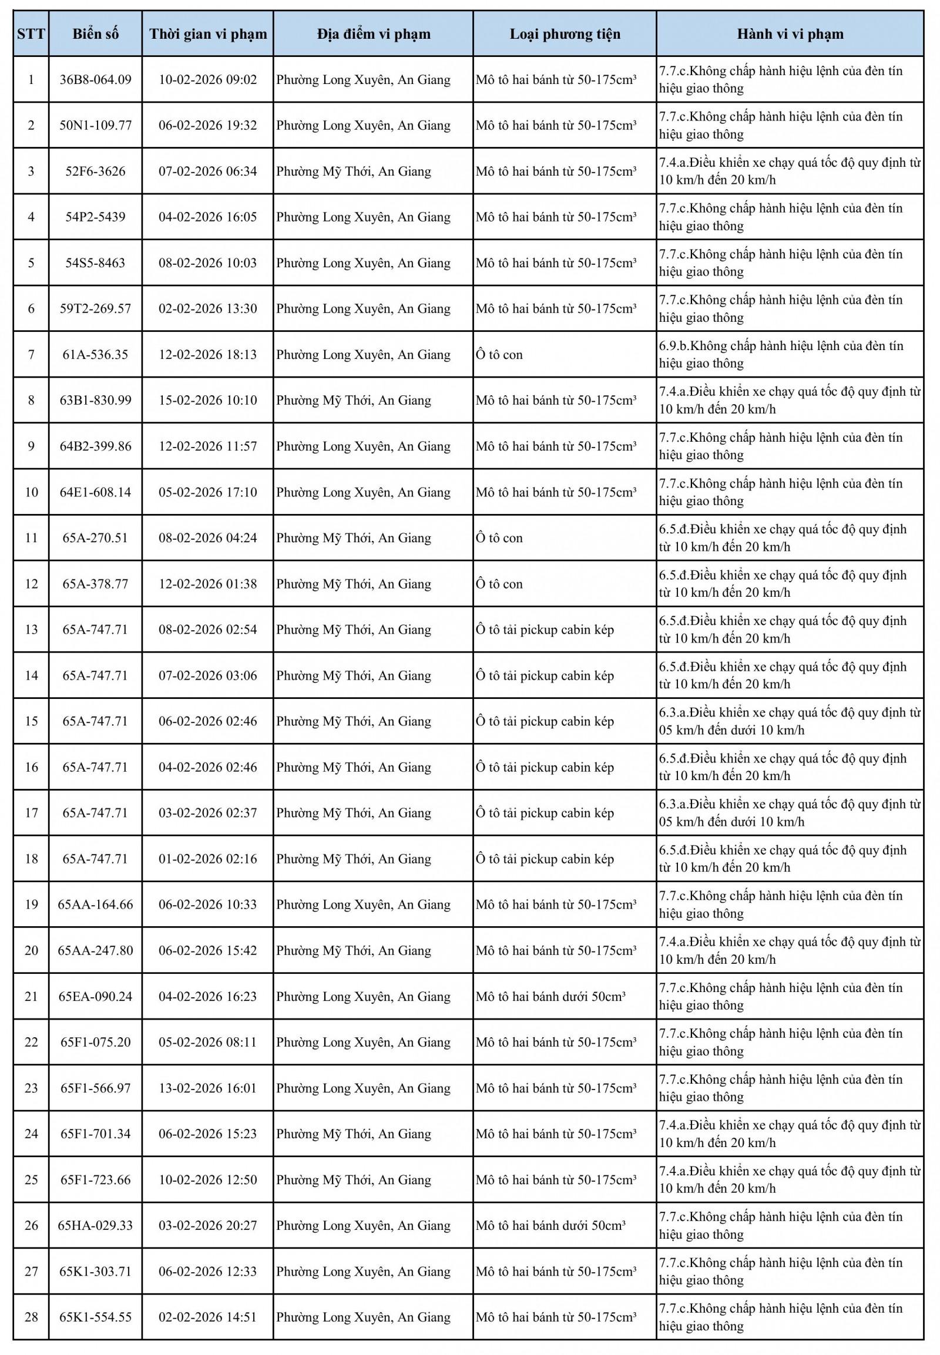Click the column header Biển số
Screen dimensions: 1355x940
(x=95, y=33)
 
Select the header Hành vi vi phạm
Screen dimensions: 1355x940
(x=789, y=33)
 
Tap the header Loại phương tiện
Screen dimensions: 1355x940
(x=564, y=33)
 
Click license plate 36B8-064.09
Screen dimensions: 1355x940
(x=95, y=79)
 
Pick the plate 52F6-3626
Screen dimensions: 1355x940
(x=95, y=172)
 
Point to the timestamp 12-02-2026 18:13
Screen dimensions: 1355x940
(x=207, y=355)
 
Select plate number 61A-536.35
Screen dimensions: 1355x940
(x=95, y=355)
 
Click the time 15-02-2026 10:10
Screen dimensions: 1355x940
(x=207, y=401)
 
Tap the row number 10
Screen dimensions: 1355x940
(x=31, y=492)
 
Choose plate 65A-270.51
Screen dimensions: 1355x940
(x=95, y=537)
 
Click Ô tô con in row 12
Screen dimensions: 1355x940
(x=499, y=584)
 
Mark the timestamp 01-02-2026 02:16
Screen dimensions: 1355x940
(x=207, y=859)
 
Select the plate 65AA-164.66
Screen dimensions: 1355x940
(x=95, y=905)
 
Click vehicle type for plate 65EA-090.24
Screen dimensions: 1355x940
(x=550, y=996)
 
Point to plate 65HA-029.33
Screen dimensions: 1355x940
(x=95, y=1225)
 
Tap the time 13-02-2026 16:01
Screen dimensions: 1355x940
(x=207, y=1088)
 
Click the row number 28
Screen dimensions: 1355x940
(x=31, y=1317)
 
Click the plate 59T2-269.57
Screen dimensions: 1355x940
(x=95, y=308)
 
